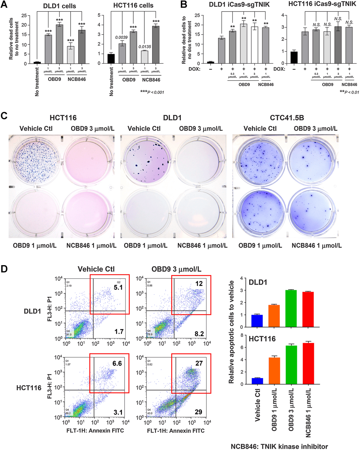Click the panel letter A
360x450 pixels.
click(4, 4)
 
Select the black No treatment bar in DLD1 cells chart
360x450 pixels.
click(37, 62)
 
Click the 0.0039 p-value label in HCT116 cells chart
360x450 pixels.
click(121, 37)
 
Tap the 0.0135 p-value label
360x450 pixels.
click(145, 47)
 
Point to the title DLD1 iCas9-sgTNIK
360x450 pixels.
click(239, 5)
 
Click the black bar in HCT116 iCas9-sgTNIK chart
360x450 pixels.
click(294, 57)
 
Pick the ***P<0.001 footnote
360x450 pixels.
click(152, 92)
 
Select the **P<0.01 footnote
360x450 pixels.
click(349, 92)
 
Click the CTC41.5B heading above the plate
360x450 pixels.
click(287, 118)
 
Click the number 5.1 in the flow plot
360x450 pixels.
click(118, 287)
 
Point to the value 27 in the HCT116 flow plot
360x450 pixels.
click(199, 363)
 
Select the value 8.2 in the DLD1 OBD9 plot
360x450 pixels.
click(199, 334)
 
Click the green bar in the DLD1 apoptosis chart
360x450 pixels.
click(291, 308)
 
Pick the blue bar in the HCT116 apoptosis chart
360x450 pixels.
click(257, 381)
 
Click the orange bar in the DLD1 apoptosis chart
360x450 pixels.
click(274, 315)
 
